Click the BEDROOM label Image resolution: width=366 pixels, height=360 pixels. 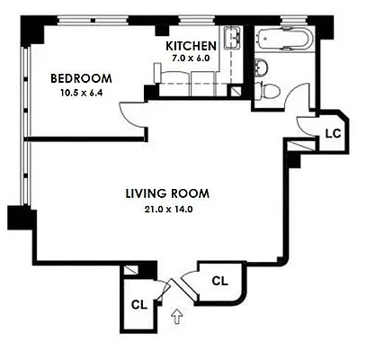[82, 77]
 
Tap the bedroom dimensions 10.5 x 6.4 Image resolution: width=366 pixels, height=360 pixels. [81, 92]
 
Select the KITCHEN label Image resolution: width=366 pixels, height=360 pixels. [191, 45]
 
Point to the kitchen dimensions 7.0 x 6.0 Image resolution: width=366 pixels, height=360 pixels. [191, 58]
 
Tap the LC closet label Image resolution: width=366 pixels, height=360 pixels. [331, 132]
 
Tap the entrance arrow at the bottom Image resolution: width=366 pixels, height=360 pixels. [176, 315]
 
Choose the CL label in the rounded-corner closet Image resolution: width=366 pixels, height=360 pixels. [219, 281]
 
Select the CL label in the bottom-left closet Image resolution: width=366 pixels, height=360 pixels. [138, 303]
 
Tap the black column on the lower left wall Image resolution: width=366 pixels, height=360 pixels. [19, 218]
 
